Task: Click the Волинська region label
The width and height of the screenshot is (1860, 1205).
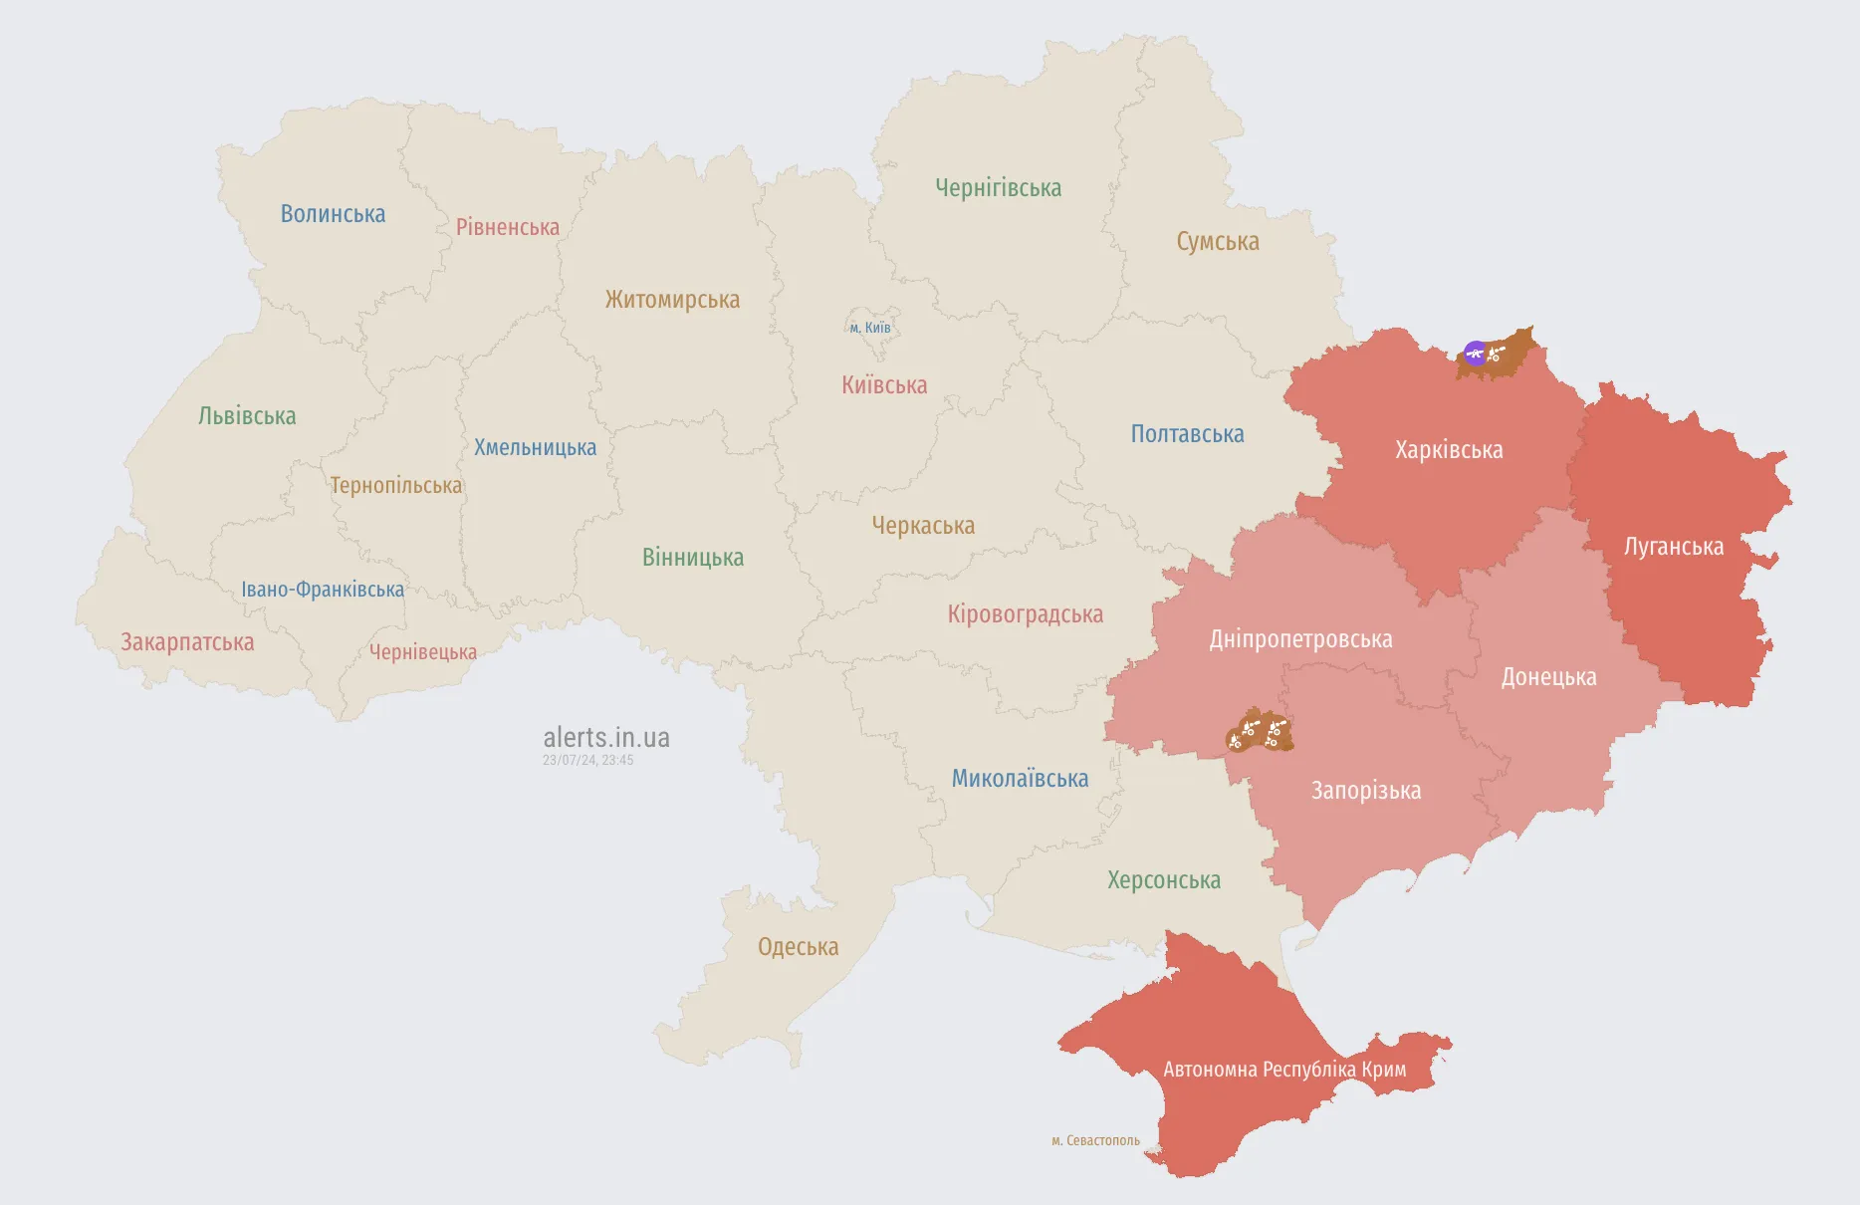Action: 333,214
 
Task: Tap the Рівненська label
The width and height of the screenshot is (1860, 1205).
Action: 507,227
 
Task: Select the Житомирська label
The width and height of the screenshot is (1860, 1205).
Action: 672,300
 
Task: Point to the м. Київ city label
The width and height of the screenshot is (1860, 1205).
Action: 870,328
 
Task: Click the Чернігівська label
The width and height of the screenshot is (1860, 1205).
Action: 998,188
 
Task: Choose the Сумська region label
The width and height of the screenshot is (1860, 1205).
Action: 1217,242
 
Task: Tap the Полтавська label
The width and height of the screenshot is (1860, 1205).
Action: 1187,434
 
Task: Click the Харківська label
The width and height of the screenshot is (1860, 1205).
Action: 1449,450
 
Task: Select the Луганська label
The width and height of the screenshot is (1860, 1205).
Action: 1673,547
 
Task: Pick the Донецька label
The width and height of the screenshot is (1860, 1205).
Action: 1548,677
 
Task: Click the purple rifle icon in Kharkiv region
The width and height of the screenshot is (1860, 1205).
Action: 1475,353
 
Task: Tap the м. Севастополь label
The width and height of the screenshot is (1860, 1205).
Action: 1095,1140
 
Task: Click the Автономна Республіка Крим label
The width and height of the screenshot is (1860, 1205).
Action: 1284,1070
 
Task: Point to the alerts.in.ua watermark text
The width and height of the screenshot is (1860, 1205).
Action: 605,738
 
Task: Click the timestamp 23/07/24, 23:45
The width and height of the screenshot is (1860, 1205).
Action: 587,760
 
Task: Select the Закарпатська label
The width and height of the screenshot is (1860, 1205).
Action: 187,642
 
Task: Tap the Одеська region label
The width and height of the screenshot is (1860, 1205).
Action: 798,947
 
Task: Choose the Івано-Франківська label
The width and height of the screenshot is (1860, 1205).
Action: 323,590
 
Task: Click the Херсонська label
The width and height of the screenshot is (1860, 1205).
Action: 1163,880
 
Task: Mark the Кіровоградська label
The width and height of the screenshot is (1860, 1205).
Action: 1025,614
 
